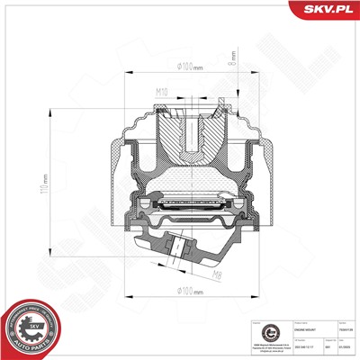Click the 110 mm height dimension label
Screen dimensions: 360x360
coord(93,190)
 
